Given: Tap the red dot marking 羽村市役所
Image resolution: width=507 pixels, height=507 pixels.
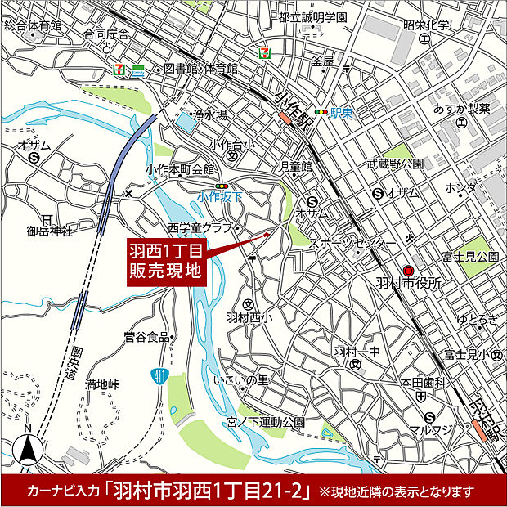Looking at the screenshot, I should pos(409,271).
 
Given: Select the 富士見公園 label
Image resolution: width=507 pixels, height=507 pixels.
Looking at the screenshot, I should pos(470,257).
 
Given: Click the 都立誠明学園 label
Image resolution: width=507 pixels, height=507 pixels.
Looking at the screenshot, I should pos(312,17).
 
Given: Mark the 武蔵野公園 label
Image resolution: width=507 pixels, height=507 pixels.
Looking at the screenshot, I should pos(396,164).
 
